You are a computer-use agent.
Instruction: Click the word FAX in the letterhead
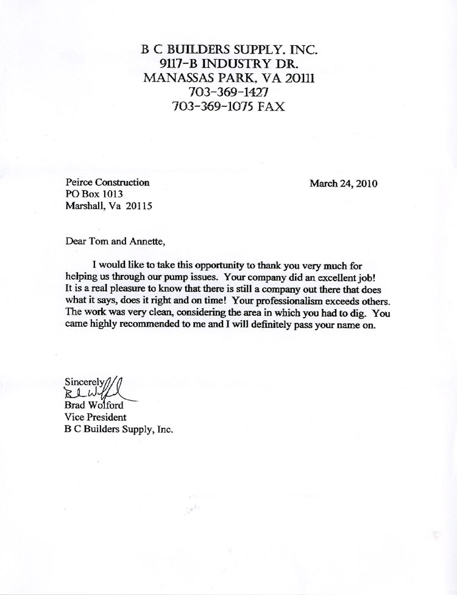(271, 106)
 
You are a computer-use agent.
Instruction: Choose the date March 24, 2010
(344, 182)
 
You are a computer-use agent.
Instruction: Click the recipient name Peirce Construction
(107, 182)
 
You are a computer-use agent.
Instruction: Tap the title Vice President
(95, 418)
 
